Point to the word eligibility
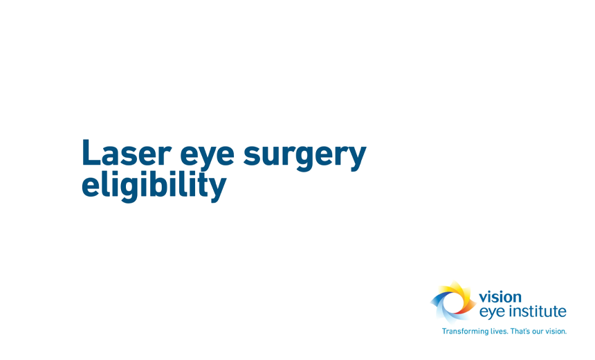click(154, 185)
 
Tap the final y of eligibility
click(217, 188)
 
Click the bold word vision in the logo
click(500, 297)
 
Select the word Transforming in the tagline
click(465, 332)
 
